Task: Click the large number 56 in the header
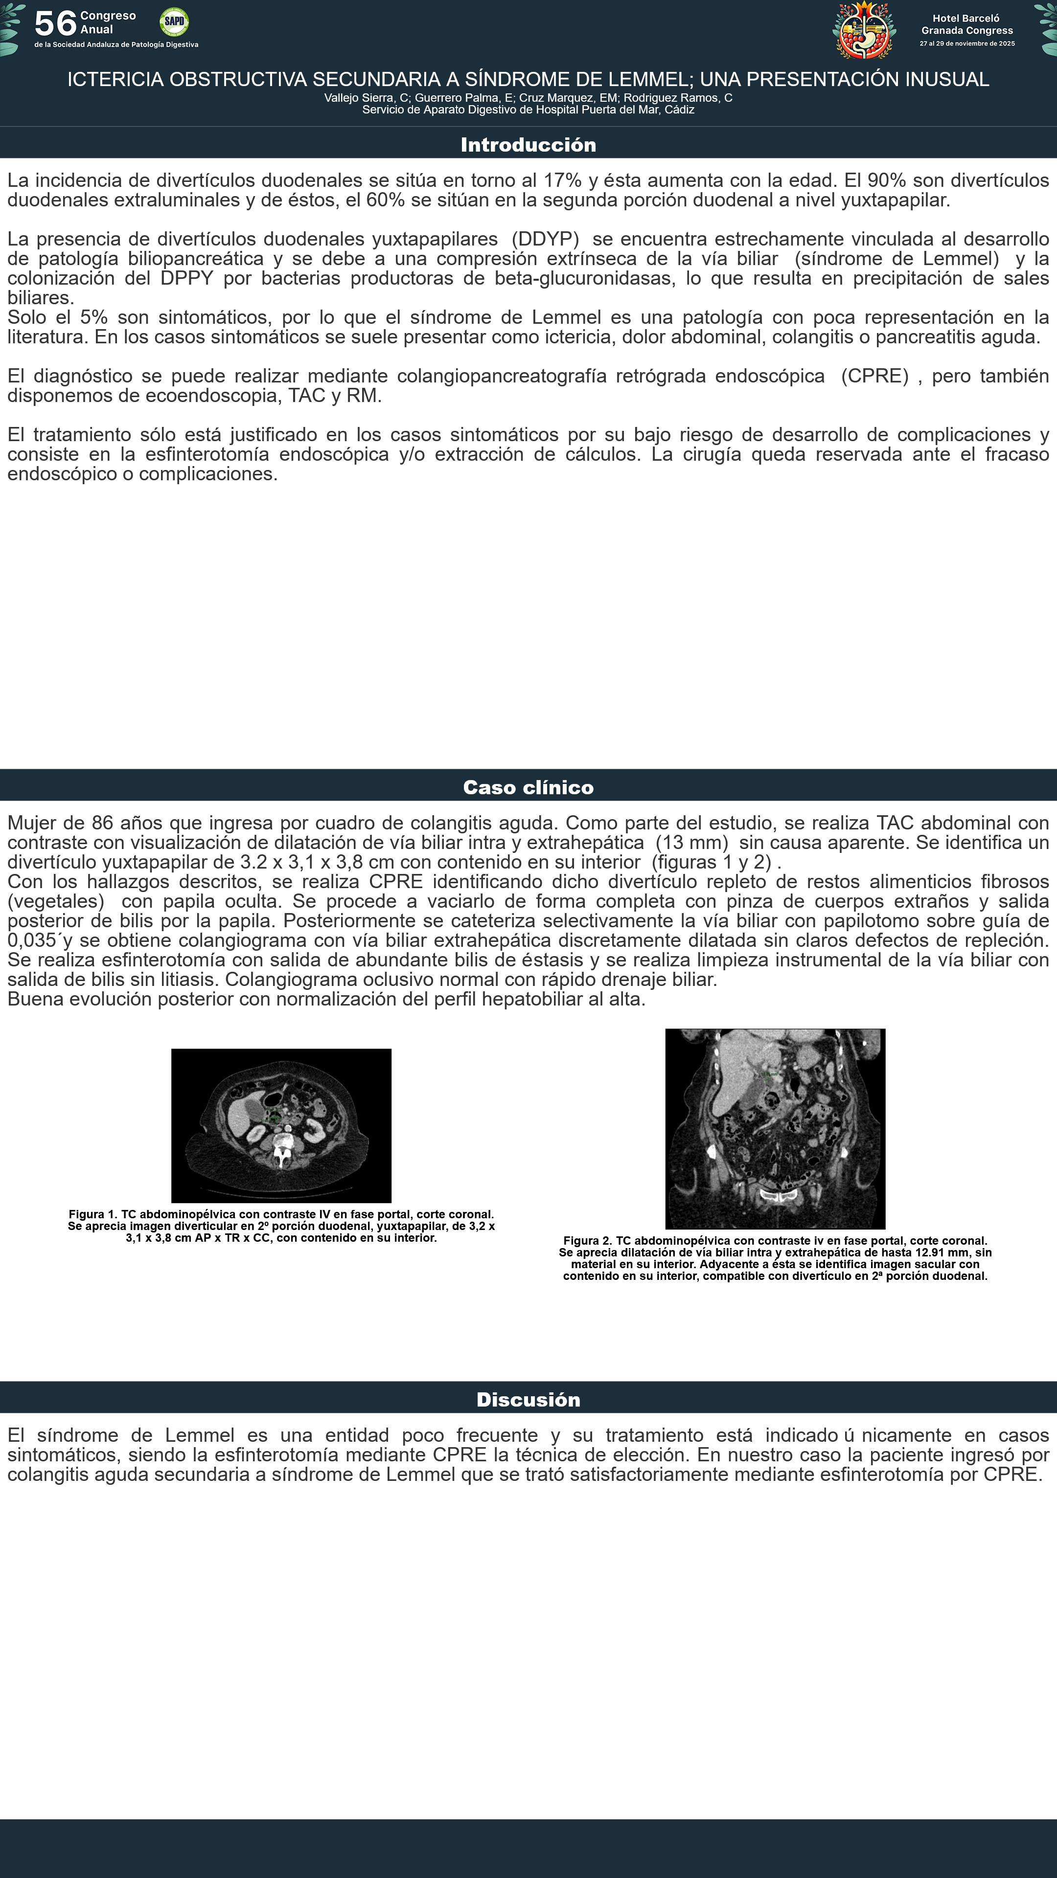55,24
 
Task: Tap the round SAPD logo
174,22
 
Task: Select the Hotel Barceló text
966,18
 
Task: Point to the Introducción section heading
528,144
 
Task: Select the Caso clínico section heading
528,787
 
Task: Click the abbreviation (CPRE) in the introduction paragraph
874,376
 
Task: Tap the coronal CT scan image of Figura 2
775,1129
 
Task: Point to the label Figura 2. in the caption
587,1241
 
